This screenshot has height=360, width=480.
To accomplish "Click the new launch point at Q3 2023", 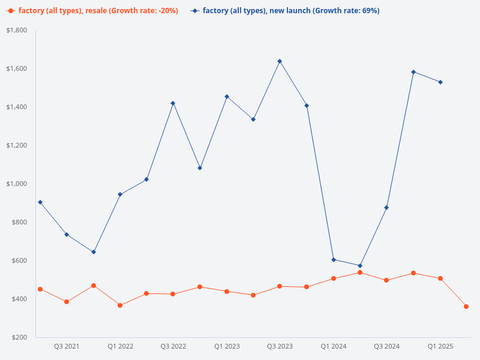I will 280,61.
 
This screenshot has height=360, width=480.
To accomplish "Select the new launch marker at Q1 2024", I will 333,260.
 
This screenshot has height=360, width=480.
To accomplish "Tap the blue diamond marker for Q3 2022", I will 173,103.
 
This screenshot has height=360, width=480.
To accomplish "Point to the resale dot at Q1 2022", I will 120,305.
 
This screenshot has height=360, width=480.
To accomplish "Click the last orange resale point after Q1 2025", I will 466,307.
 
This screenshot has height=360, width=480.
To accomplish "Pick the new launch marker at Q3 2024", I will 386,208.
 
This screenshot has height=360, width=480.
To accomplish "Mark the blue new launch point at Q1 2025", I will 440,82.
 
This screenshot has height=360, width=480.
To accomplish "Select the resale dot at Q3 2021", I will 67,302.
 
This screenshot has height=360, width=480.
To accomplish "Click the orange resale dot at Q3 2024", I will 386,280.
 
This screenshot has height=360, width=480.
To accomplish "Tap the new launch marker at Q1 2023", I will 227,97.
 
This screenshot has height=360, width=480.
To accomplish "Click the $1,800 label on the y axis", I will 17,30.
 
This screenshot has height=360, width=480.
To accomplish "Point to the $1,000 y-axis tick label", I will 17,184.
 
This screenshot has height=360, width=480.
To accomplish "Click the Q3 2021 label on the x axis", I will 67,346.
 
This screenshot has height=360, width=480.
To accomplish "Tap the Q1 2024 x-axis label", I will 333,346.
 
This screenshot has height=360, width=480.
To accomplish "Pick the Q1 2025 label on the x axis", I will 440,346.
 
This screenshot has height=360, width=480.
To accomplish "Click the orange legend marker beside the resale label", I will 11,11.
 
